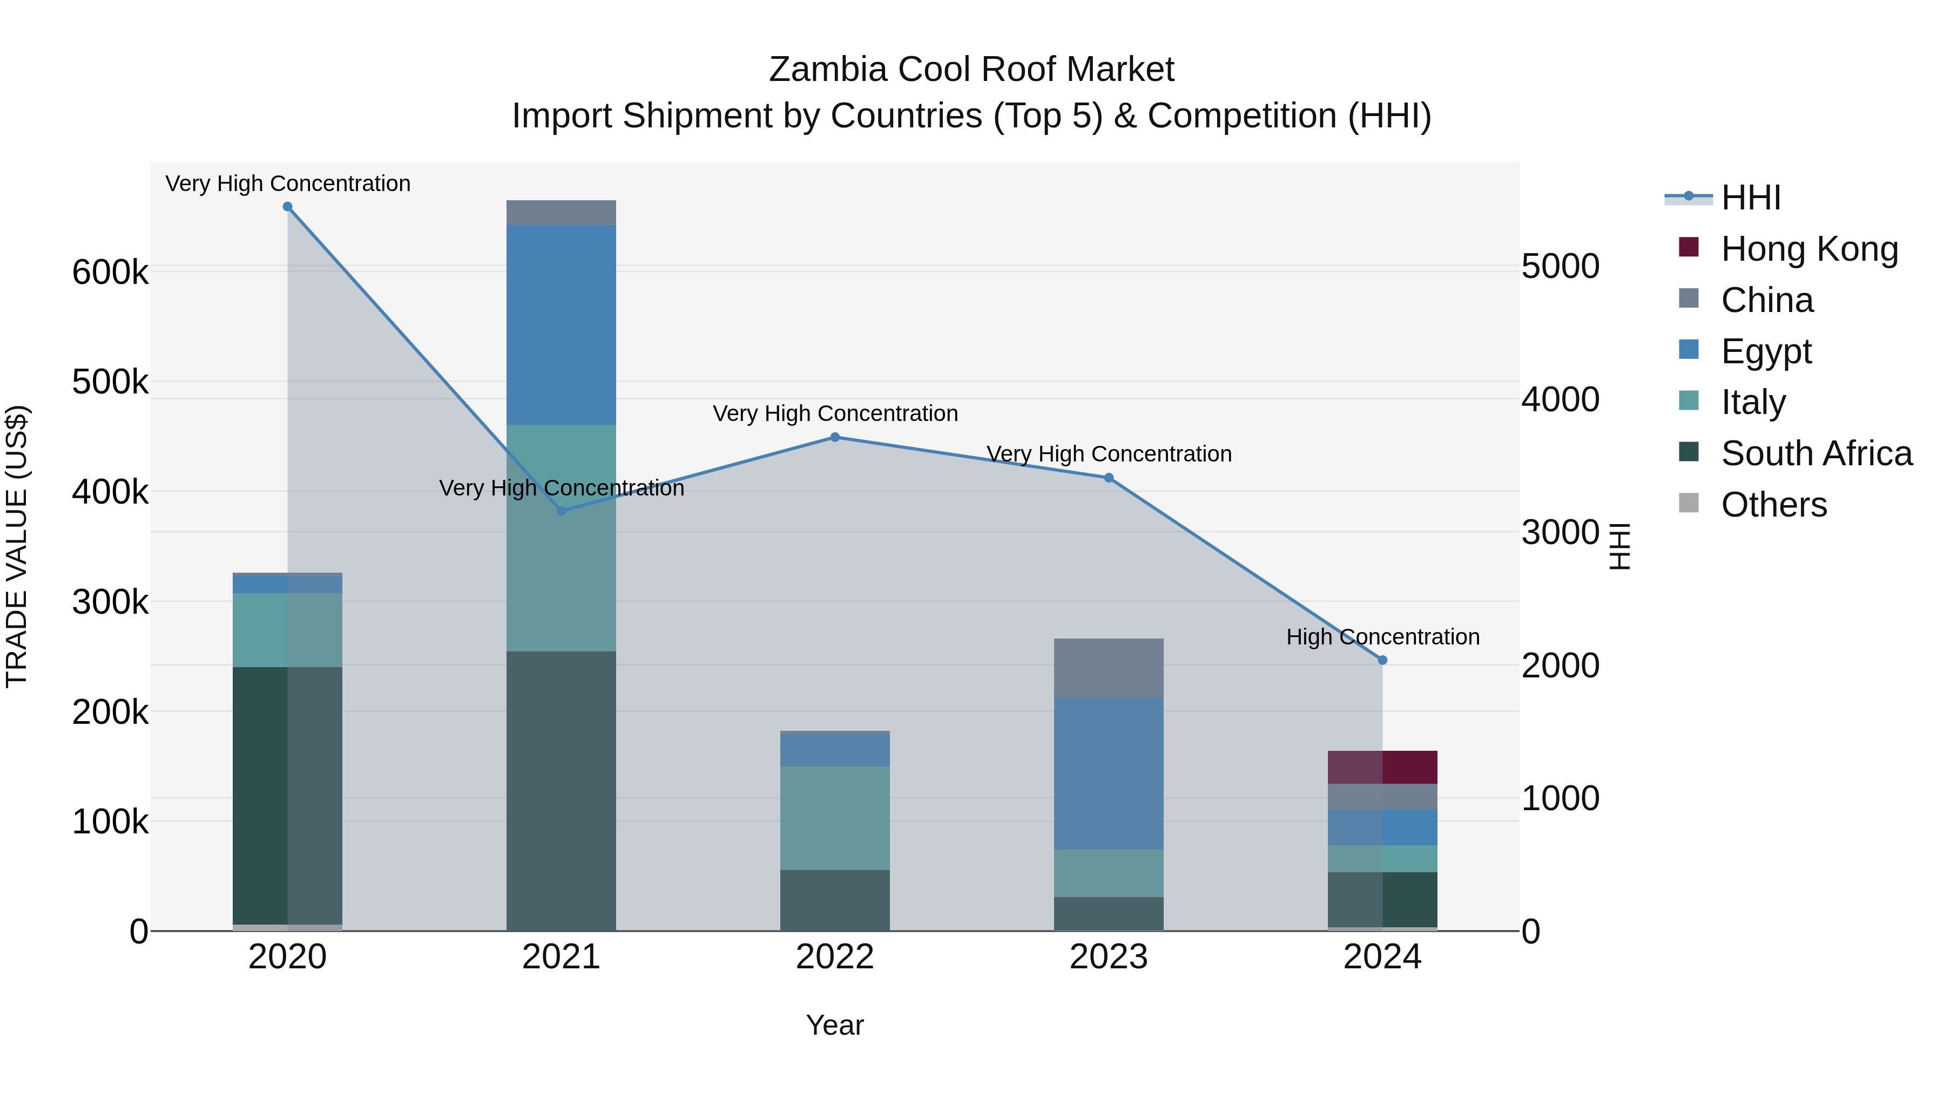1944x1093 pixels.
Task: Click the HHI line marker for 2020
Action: tap(287, 207)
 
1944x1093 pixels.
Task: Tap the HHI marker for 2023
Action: tap(1109, 478)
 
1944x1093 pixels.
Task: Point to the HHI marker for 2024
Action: tap(1382, 660)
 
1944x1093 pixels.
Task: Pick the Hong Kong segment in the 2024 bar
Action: tap(1382, 767)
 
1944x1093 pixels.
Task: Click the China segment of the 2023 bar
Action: tap(1109, 668)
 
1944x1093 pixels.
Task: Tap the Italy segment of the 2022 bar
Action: tap(835, 818)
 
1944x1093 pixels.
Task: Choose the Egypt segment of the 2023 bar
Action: tap(1109, 773)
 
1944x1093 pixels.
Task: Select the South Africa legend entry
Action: tap(1815, 453)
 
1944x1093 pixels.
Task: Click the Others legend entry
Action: tap(1773, 505)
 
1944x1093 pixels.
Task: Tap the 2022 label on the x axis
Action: tap(835, 957)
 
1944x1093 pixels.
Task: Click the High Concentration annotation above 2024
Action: tap(1382, 637)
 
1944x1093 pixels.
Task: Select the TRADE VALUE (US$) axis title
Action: tap(17, 546)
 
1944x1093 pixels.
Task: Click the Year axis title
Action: tap(835, 1025)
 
